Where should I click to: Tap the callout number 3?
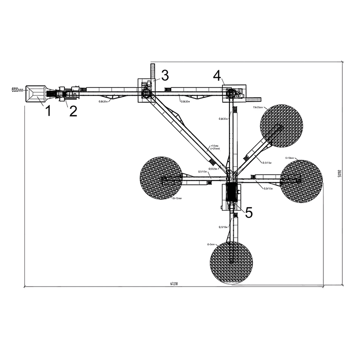point(165,75)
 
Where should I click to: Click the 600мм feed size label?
point(17,90)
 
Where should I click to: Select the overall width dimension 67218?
point(174,284)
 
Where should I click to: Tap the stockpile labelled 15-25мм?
point(281,126)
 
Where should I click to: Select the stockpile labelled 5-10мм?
point(301,181)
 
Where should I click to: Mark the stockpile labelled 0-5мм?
point(231,262)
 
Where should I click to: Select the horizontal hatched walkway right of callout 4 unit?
point(253,98)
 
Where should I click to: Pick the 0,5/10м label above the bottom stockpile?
point(223,227)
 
